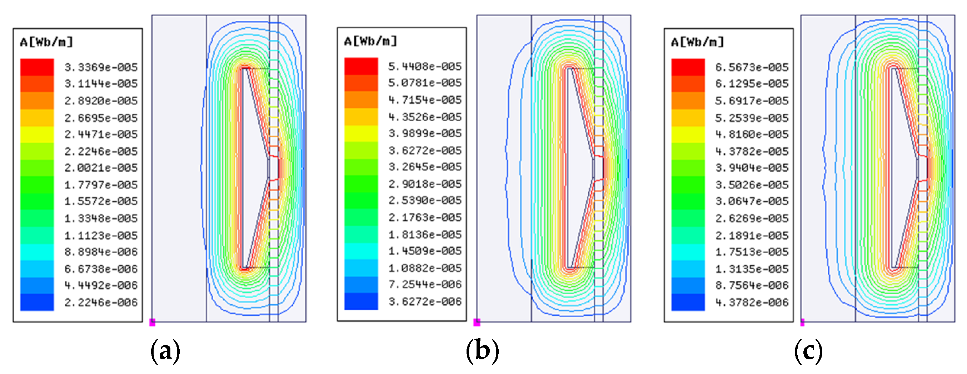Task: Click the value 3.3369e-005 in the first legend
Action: coord(101,67)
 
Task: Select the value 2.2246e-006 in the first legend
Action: coord(101,302)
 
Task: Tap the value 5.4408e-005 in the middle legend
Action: coord(425,67)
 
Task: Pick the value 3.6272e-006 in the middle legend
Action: coord(425,301)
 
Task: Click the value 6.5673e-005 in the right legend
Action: coord(752,67)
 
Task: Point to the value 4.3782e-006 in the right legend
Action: coord(752,302)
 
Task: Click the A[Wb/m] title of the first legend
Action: coord(46,42)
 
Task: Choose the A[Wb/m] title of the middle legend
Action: coord(370,41)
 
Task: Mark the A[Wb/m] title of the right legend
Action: coord(697,42)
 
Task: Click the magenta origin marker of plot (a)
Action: coord(153,322)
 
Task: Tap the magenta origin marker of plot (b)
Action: coord(477,322)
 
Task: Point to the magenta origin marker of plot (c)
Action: coord(802,322)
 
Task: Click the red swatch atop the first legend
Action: coord(37,67)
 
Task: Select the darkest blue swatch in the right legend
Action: coord(688,302)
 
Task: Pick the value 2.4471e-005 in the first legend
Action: coord(101,134)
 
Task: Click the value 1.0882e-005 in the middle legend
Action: coord(425,268)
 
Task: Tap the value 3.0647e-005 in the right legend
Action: coord(752,201)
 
